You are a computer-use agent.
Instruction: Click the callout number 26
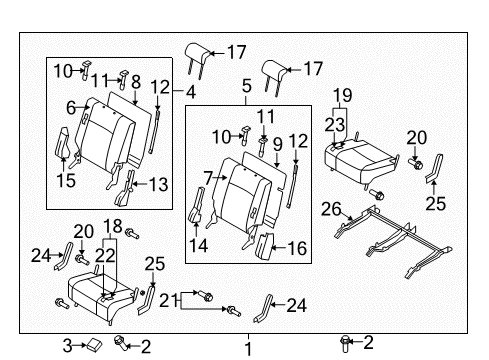(331, 209)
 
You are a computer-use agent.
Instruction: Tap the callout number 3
(67, 346)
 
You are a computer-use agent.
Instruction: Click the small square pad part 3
(95, 344)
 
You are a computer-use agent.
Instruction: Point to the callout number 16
(297, 248)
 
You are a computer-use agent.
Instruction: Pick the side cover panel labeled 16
(265, 246)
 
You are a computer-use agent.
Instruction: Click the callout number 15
(66, 180)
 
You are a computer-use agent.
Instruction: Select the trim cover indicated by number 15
(63, 143)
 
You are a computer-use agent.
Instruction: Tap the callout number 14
(199, 246)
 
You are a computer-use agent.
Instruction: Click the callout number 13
(158, 184)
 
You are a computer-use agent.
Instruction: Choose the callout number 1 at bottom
(248, 349)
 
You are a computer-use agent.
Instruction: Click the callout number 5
(246, 86)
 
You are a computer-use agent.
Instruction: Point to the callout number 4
(191, 92)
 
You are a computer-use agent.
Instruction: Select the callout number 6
(71, 108)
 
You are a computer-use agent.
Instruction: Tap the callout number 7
(208, 178)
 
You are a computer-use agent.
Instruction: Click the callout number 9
(277, 145)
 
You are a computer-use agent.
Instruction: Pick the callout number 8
(136, 82)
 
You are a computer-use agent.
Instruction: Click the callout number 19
(343, 95)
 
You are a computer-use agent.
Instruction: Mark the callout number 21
(168, 301)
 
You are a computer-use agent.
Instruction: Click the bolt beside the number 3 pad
(121, 343)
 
